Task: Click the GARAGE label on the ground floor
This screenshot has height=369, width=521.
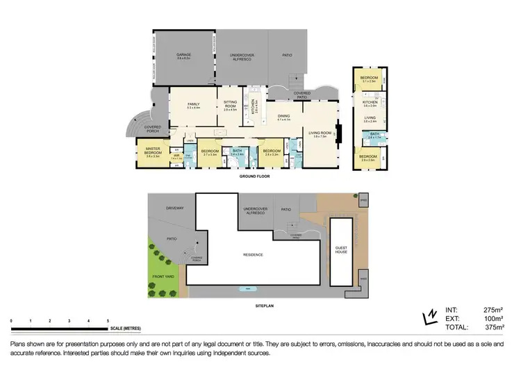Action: pyautogui.click(x=183, y=54)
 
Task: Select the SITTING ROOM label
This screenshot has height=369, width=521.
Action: pyautogui.click(x=230, y=103)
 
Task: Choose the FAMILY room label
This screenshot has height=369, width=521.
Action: pyautogui.click(x=193, y=104)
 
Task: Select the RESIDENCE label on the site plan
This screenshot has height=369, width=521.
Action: pyautogui.click(x=253, y=254)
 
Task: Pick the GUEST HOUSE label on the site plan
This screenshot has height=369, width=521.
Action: pyautogui.click(x=341, y=248)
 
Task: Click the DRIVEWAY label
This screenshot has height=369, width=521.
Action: pyautogui.click(x=174, y=208)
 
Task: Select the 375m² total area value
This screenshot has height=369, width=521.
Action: pyautogui.click(x=493, y=327)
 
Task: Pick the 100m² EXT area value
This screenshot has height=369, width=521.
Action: pyautogui.click(x=493, y=318)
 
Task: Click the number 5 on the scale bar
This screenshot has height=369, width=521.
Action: pyautogui.click(x=108, y=320)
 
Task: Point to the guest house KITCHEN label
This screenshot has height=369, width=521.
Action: pyautogui.click(x=370, y=103)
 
